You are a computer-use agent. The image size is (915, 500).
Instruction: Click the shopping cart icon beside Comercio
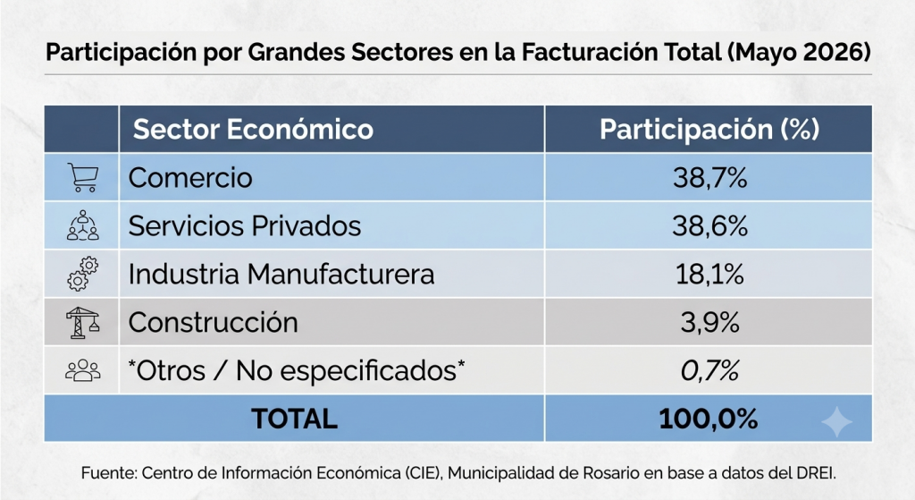[83, 178]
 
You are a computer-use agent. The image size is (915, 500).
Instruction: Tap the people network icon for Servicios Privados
[83, 225]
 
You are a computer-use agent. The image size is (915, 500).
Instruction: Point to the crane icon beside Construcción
[82, 322]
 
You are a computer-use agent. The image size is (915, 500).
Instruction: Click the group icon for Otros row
[83, 370]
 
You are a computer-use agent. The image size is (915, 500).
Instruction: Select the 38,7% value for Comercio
[709, 178]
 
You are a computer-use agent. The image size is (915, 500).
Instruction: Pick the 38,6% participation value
[709, 226]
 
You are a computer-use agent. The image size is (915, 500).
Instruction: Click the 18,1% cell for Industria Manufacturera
[709, 274]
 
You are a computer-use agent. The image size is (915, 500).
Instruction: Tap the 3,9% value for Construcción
[709, 322]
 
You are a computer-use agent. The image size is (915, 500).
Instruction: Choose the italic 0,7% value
[709, 371]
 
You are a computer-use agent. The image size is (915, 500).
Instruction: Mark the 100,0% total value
[709, 419]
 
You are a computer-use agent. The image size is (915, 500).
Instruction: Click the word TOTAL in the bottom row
[294, 419]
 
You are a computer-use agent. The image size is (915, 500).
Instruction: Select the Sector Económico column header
[253, 129]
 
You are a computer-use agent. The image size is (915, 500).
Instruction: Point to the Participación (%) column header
[709, 129]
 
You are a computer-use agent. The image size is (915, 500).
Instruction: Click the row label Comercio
[190, 178]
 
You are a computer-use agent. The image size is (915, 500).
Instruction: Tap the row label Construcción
[213, 322]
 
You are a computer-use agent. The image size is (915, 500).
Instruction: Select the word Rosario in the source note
[611, 472]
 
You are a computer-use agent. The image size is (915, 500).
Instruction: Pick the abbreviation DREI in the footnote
[815, 472]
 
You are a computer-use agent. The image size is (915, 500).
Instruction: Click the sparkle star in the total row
[836, 421]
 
